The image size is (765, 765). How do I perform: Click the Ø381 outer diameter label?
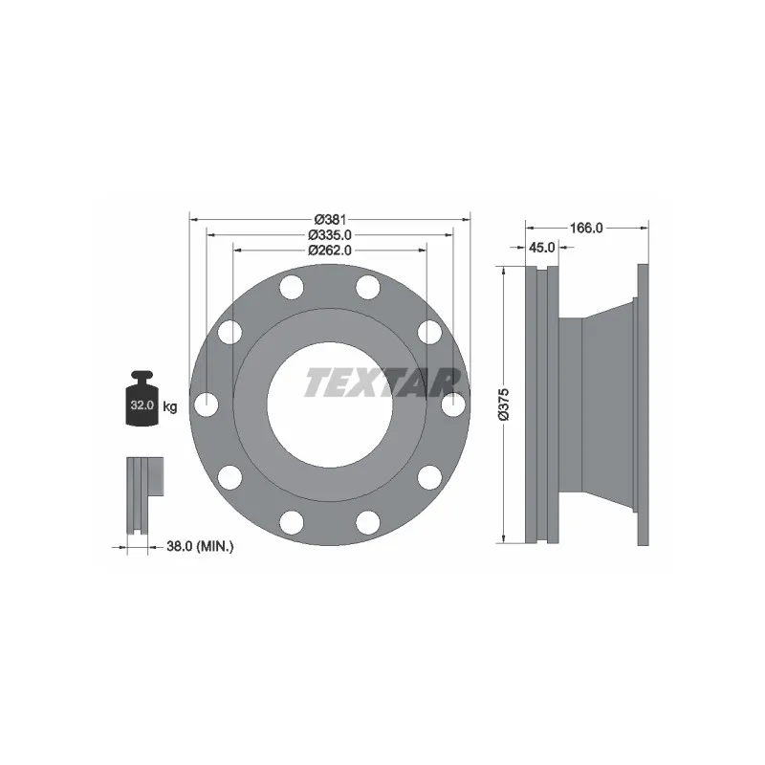[x=330, y=220]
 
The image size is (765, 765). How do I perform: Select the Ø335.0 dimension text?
[x=329, y=235]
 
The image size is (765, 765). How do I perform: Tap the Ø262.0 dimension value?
[x=329, y=251]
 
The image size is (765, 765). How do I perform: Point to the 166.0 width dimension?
[x=586, y=228]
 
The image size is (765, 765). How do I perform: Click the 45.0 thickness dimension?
[x=542, y=248]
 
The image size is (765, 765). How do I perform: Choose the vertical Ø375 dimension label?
[x=503, y=404]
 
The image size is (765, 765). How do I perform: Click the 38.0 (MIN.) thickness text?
[x=200, y=546]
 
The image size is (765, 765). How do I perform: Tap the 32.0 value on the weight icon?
[x=142, y=404]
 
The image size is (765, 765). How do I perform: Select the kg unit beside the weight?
[x=170, y=406]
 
